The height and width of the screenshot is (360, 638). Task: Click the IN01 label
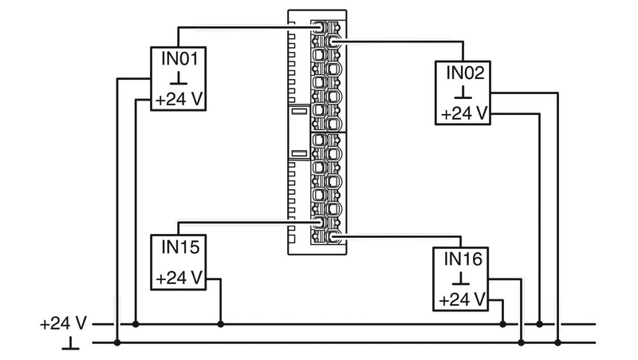179,58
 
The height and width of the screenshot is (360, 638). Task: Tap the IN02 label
465,73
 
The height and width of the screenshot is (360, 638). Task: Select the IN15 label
180,247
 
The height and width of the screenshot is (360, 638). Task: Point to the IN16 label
463,259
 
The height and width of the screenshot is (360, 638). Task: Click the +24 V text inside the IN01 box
179,99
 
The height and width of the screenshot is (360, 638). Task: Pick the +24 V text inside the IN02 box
464,113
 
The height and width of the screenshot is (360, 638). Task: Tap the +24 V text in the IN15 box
179,278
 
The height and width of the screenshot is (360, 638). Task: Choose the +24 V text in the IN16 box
463,299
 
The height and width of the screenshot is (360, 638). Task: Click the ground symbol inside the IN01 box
179,78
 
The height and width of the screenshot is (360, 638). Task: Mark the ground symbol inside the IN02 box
463,93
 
